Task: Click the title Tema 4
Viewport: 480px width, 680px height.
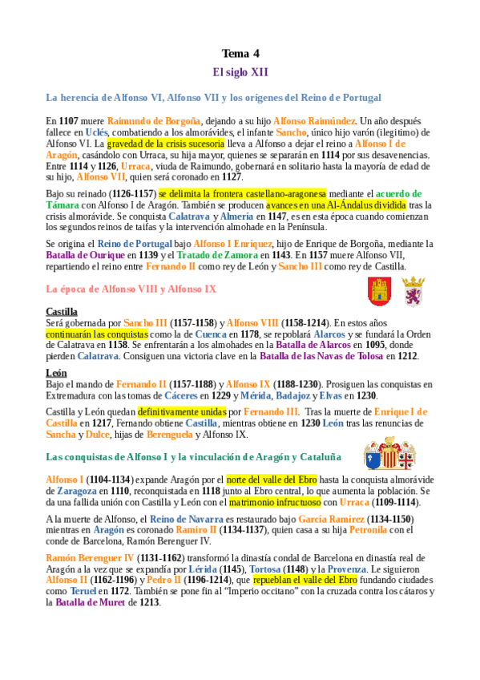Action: [240, 54]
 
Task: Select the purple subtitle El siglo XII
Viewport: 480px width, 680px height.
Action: [240, 72]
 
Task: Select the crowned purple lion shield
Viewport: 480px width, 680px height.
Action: [413, 291]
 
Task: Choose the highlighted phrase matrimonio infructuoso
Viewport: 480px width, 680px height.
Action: [275, 502]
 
